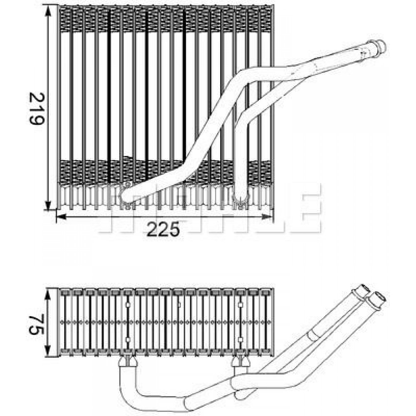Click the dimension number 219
tap(37, 108)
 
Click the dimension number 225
tap(163, 229)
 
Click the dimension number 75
tap(37, 324)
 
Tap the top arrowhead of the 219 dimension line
tap(48, 11)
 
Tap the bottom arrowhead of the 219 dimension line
tap(48, 204)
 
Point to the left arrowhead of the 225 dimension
tap(62, 217)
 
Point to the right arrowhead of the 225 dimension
tap(267, 217)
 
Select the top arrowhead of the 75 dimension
tap(48, 294)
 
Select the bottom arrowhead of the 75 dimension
tap(48, 350)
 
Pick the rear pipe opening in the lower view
tap(365, 289)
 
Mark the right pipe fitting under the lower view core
tap(240, 362)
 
